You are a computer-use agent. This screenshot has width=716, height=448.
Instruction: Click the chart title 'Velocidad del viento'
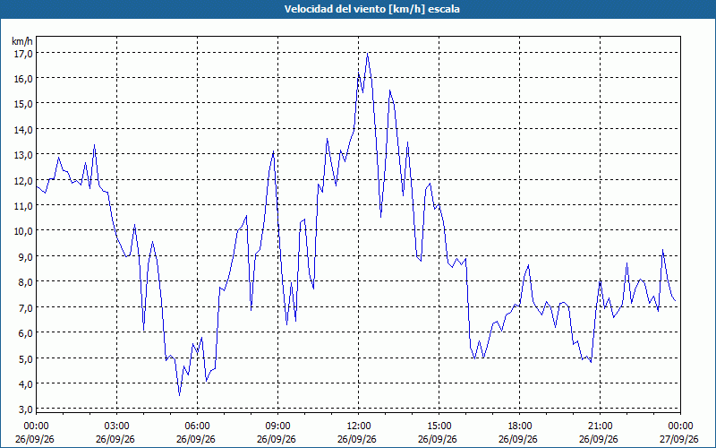335,9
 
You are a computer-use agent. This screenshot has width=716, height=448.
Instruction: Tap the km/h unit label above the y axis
21,41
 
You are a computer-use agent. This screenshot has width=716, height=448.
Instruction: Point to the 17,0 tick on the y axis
23,53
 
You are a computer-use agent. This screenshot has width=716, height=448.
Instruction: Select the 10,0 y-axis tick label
23,231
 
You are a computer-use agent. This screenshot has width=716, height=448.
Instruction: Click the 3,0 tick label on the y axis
25,409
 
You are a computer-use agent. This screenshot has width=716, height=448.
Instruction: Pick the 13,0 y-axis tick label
23,154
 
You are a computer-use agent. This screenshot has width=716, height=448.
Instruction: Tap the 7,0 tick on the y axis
25,307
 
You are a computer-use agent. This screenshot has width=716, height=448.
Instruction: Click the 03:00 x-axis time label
116,426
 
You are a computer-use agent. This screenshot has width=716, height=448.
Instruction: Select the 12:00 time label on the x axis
358,426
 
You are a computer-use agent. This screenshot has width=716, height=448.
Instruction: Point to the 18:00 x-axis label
519,426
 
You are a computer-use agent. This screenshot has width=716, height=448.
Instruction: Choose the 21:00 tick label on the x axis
600,426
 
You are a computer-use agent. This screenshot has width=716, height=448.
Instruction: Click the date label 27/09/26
679,439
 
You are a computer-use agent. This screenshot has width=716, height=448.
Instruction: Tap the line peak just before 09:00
273,151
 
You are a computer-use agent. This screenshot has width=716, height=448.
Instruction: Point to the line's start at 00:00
37,186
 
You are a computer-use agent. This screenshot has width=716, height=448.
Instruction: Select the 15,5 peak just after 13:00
389,90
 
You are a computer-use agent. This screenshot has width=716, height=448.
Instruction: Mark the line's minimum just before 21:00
591,362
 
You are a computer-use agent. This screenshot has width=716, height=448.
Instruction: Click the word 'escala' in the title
444,9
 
